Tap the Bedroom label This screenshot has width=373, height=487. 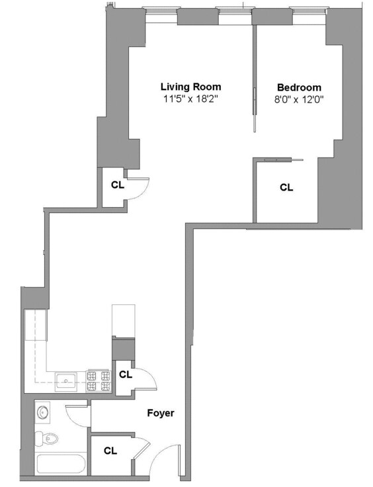point(299,87)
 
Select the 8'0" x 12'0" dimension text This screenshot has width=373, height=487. point(299,99)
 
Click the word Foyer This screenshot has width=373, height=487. point(161,413)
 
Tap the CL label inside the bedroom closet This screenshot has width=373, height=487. point(286,187)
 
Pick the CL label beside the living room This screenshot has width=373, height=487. point(117,185)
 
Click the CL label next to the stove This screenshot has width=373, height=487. point(126,374)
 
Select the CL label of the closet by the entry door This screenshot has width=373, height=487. point(110,451)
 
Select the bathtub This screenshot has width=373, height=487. point(61,463)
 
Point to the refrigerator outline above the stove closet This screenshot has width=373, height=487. point(123,320)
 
